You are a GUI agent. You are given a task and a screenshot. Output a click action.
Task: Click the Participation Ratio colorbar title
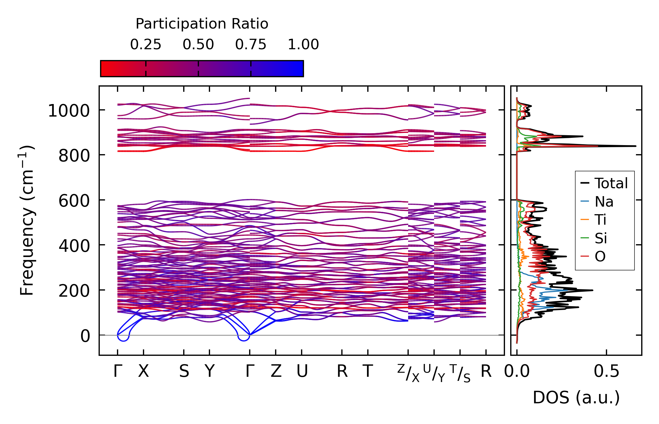pos(202,24)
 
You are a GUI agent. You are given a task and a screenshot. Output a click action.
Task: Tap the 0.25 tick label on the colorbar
pos(146,45)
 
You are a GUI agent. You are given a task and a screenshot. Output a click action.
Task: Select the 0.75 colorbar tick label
pos(251,45)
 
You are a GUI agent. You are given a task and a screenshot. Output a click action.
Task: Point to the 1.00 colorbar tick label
pos(303,45)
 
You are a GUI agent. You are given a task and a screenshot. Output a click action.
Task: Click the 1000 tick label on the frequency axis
pos(69,111)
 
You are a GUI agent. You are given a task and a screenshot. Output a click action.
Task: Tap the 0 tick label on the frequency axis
pos(85,336)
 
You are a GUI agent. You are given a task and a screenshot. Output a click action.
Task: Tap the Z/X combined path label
pos(408,373)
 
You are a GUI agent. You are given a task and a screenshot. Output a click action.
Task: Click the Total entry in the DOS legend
pos(611,183)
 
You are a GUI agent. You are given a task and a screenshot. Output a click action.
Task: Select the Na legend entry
pos(604,202)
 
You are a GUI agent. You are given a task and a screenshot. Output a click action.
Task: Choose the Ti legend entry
pos(600,220)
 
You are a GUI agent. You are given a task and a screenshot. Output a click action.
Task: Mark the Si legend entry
pos(601,238)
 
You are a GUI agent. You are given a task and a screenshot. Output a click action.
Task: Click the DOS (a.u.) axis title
pos(576,398)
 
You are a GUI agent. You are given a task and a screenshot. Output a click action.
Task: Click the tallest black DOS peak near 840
pos(634,146)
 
